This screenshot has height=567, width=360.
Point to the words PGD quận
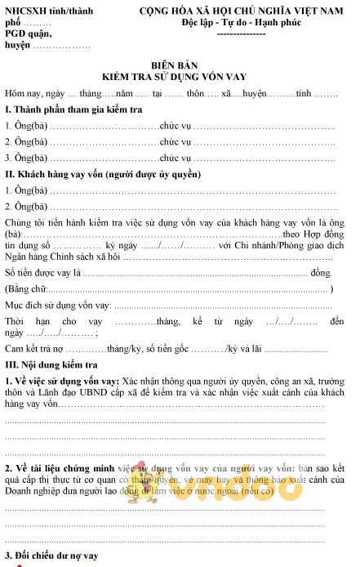coord(25,34)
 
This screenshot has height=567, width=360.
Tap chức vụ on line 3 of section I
coord(176,158)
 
